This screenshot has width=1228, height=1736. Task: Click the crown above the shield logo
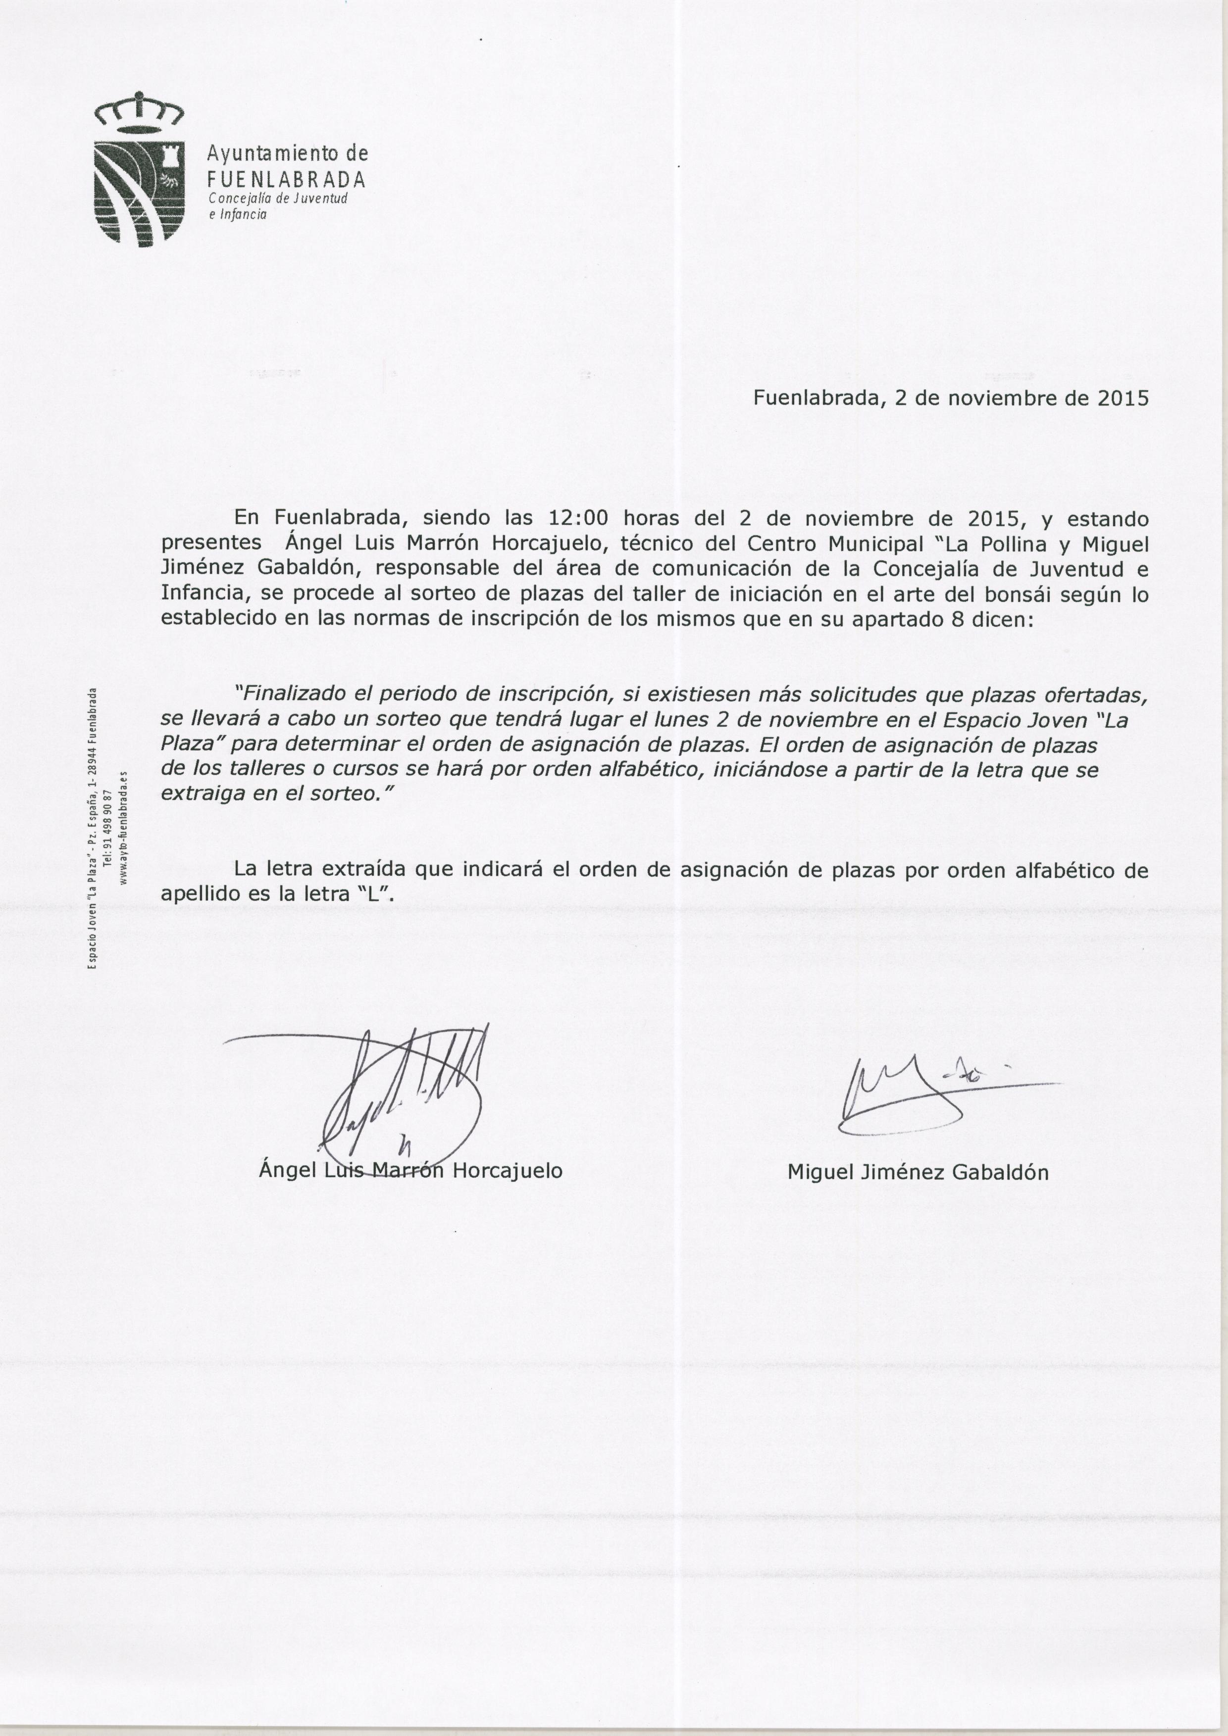click(138, 111)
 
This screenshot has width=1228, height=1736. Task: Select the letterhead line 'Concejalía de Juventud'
click(277, 199)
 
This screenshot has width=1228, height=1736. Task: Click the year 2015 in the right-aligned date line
click(1122, 398)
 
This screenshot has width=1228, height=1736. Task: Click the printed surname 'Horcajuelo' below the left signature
click(508, 1171)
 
